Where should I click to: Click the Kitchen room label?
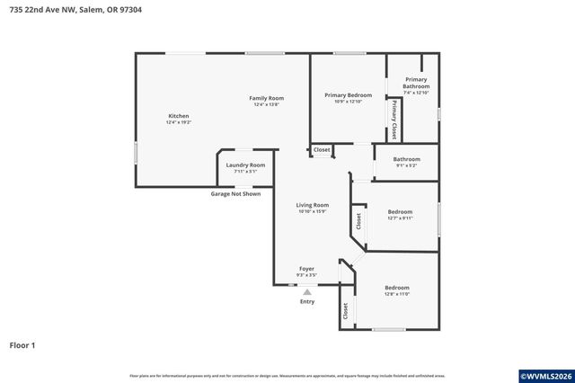click(x=179, y=116)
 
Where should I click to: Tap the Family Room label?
click(x=267, y=98)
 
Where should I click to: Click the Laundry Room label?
click(x=245, y=165)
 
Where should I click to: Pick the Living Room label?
click(x=313, y=205)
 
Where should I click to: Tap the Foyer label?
click(x=306, y=269)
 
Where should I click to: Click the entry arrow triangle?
click(x=307, y=291)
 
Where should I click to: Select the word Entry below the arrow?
click(x=307, y=302)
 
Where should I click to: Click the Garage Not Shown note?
click(x=235, y=194)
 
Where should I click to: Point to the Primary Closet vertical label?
click(x=394, y=120)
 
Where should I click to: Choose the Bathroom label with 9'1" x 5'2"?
click(x=407, y=159)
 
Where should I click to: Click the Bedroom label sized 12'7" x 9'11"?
click(x=400, y=212)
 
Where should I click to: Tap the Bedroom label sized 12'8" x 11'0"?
click(x=396, y=288)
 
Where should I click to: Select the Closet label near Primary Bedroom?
click(x=322, y=149)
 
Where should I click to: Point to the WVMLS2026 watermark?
click(x=545, y=375)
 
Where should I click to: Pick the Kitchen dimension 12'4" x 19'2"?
click(x=179, y=122)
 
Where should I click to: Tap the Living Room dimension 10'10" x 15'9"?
click(x=313, y=211)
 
